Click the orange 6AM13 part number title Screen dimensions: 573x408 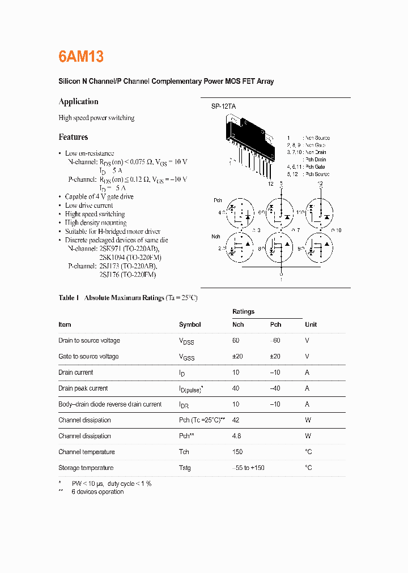81,57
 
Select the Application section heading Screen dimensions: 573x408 78,101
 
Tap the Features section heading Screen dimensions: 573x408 73,137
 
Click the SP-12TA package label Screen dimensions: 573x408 224,106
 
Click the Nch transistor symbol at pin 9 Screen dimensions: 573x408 321,247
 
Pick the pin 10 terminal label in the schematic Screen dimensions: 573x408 336,230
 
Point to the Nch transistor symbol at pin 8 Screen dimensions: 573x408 280,247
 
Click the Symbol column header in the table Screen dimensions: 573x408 190,324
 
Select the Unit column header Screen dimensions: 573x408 311,324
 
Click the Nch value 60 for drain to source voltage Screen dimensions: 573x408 236,340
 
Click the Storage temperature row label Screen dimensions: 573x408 86,468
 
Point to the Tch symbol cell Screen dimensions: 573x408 184,452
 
